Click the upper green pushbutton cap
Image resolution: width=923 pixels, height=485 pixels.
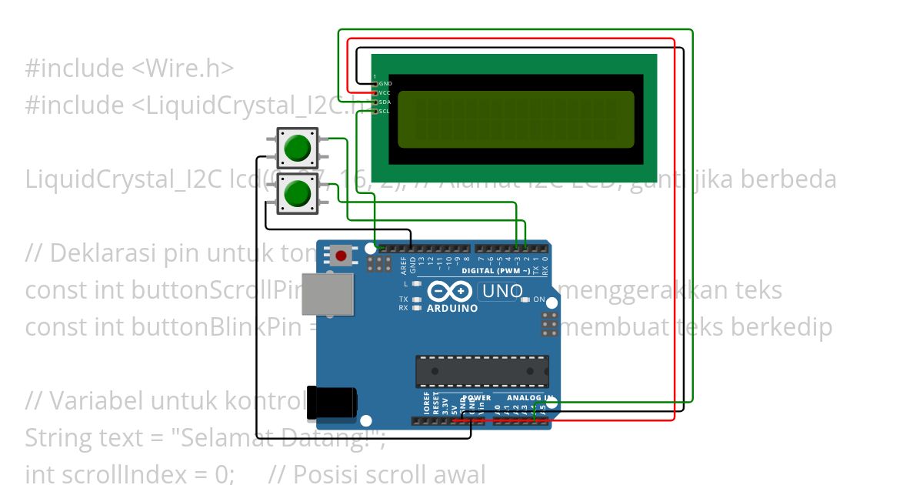click(x=297, y=147)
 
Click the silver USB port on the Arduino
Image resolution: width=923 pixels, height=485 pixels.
click(x=328, y=294)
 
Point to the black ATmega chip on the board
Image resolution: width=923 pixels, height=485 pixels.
click(x=482, y=371)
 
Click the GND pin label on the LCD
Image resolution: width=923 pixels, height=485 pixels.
click(x=385, y=83)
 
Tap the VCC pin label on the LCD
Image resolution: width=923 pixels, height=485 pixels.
click(x=385, y=92)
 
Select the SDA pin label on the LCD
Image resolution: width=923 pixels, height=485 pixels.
click(x=385, y=102)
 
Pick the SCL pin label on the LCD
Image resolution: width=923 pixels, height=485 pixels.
click(x=385, y=111)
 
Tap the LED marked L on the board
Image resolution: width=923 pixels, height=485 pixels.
click(x=416, y=284)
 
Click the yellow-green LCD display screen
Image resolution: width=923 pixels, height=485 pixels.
click(x=515, y=119)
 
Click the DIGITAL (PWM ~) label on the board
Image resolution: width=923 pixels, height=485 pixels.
click(x=495, y=271)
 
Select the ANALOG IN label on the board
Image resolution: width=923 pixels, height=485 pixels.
click(x=524, y=398)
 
